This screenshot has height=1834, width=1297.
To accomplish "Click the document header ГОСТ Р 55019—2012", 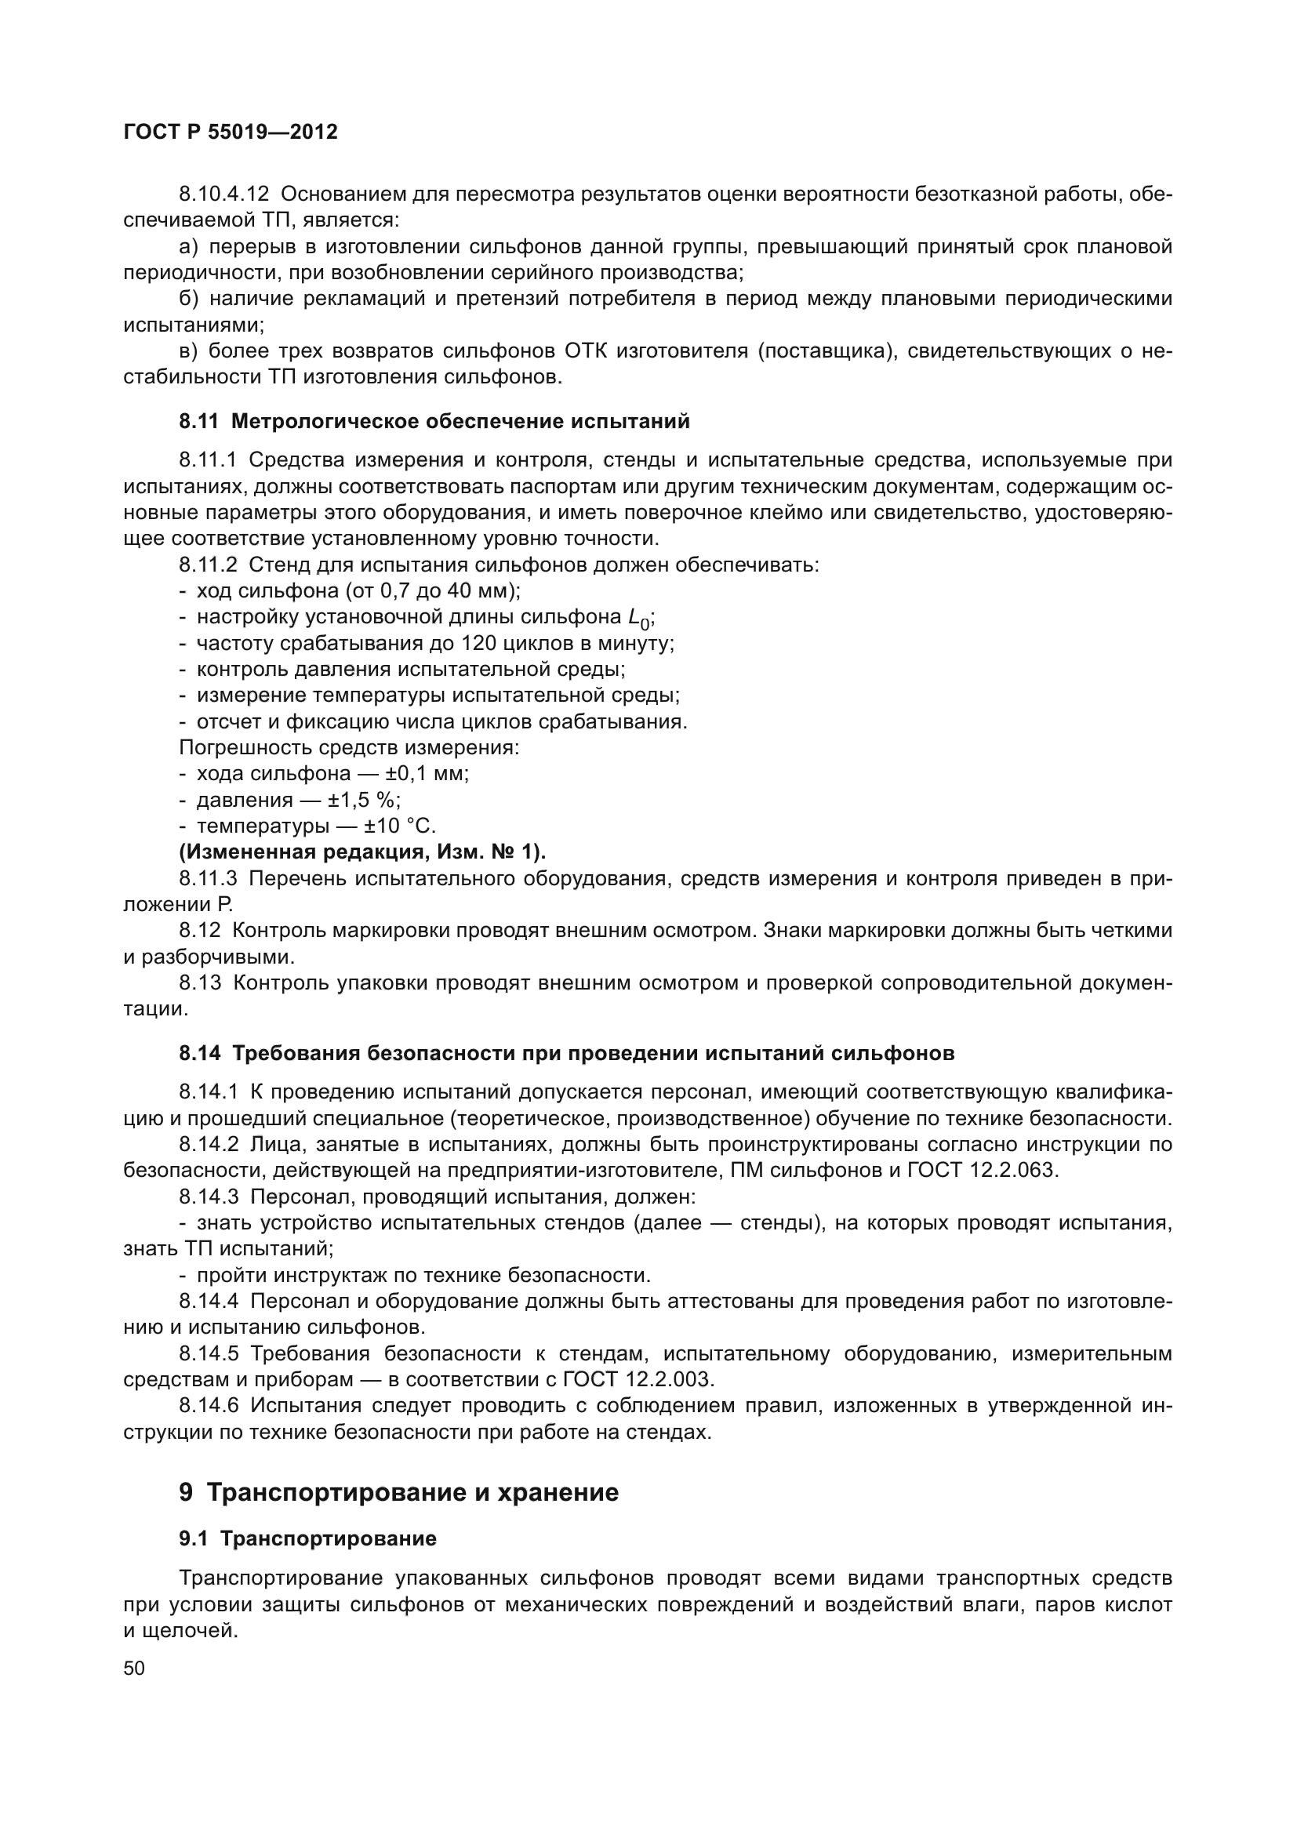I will pos(231,132).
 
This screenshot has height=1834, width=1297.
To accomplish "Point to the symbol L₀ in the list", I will pos(638,617).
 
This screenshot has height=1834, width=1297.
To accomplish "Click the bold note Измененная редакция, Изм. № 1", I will pos(362,852).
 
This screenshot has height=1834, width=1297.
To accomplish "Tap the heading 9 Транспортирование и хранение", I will pos(398,1492).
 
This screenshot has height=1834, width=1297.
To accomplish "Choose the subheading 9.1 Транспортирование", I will pos(307,1538).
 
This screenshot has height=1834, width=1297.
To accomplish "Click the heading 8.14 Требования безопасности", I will pos(566,1053).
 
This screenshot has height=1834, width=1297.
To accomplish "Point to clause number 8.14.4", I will pos(209,1302).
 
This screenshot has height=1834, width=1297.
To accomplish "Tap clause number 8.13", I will pos(200,982).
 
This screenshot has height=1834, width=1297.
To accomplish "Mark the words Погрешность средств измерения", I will pos(349,748).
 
